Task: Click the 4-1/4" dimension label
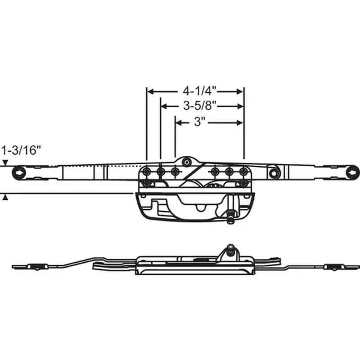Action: coord(197,91)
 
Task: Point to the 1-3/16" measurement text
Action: coord(22,150)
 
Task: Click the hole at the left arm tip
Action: coord(20,171)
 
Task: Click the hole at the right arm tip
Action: coord(353,171)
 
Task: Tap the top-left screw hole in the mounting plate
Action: coord(146,171)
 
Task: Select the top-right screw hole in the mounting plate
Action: coord(243,171)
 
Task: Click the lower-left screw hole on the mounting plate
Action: coord(146,183)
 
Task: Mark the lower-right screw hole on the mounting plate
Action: coord(243,183)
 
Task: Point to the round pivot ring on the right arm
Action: coord(273,172)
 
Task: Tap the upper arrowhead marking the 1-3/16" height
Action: coord(5,163)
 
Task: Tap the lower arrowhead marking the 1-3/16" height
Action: coord(5,198)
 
